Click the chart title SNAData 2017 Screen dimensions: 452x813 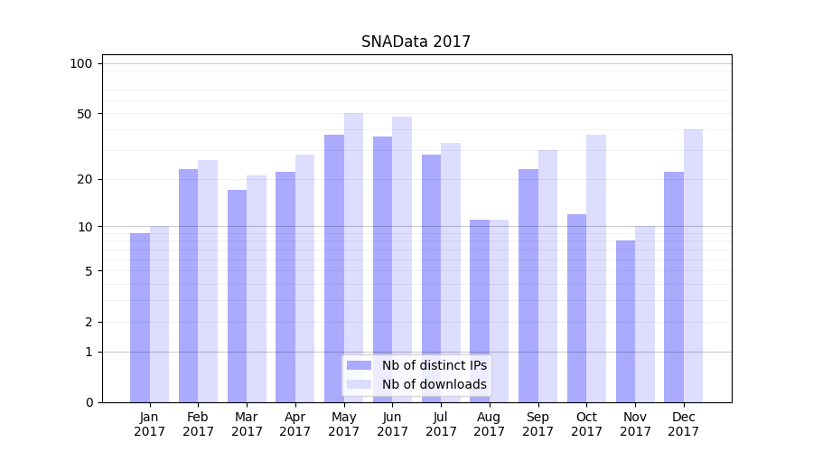[416, 42]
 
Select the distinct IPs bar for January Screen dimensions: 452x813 [140, 317]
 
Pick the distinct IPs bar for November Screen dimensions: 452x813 [625, 321]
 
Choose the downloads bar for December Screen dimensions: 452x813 [693, 266]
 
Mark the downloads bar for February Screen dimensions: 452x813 [208, 281]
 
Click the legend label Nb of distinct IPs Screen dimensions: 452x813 [434, 365]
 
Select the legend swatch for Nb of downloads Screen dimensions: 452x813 [360, 384]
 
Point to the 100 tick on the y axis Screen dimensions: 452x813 [81, 63]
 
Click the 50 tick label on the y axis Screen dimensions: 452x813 [84, 114]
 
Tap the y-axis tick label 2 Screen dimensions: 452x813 [89, 322]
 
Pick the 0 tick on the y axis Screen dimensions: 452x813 [89, 402]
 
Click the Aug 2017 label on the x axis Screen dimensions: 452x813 [490, 424]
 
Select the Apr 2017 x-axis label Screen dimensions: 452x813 [295, 424]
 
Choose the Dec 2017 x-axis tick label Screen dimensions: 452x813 [684, 424]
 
